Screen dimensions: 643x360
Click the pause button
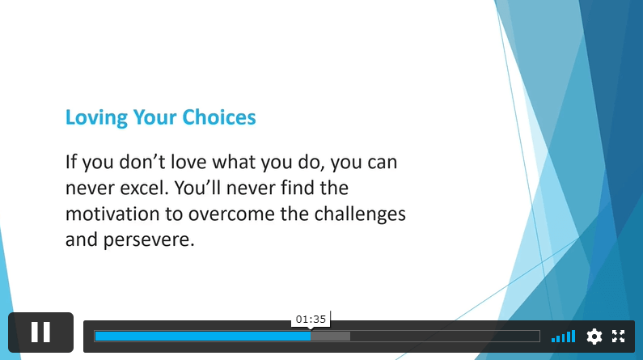(40, 332)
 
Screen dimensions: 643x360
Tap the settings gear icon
(594, 337)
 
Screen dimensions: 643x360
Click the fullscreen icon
(619, 337)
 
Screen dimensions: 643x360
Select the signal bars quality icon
(564, 337)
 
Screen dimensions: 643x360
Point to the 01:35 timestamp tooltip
(311, 319)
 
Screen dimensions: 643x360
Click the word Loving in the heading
(97, 118)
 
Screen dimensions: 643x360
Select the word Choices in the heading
(219, 117)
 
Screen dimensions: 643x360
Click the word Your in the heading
(155, 117)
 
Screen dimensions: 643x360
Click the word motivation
(112, 214)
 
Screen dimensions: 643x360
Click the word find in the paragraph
(298, 188)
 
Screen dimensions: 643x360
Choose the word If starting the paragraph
(71, 162)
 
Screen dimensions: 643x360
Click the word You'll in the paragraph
(197, 188)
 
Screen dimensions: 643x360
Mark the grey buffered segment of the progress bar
(331, 337)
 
